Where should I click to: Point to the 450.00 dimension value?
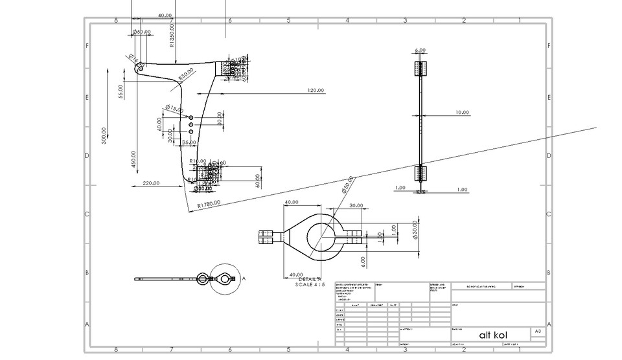(133, 161)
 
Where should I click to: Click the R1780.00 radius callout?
(209, 204)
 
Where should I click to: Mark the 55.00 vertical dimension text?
(121, 91)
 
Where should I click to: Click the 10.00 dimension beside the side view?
(461, 113)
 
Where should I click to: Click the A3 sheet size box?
(537, 332)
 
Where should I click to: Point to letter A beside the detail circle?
(244, 278)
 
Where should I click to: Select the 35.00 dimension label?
(189, 142)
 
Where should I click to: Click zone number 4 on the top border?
(347, 20)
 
